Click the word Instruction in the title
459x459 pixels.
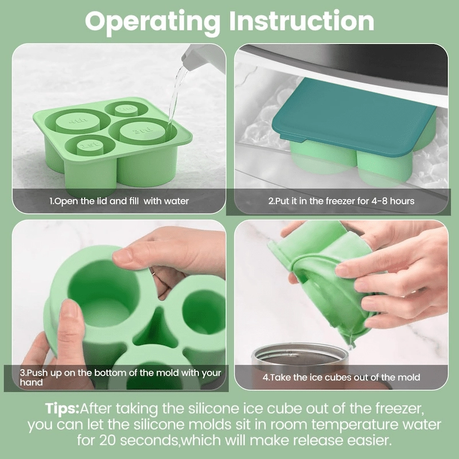coord(302,21)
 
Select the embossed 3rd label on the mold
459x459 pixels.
coord(143,131)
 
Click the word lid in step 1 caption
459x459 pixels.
coord(102,201)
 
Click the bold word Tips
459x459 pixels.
coord(63,409)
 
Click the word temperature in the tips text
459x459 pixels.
coord(355,425)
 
